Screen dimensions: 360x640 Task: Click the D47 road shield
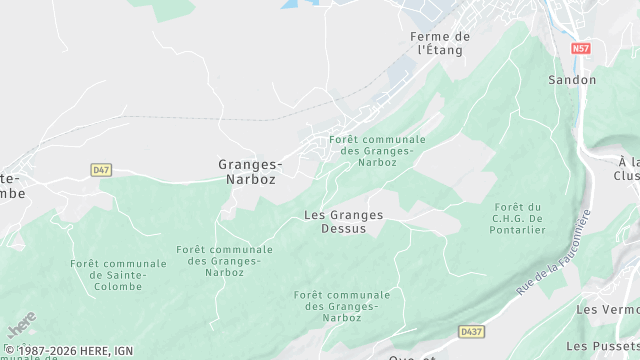[x=101, y=170]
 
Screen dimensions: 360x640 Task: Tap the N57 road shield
[x=581, y=48]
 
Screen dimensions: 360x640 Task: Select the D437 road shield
[x=471, y=330]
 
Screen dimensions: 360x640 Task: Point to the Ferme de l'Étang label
[x=441, y=42]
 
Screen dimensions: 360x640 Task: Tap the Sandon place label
[x=572, y=80]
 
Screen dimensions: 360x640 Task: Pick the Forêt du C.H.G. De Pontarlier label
[x=518, y=217]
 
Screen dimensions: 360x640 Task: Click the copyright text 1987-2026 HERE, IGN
[x=69, y=350]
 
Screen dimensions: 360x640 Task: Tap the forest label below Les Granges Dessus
[x=342, y=306]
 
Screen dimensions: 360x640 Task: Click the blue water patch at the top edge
[x=300, y=4]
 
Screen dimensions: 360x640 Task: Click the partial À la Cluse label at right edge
[x=627, y=168]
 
